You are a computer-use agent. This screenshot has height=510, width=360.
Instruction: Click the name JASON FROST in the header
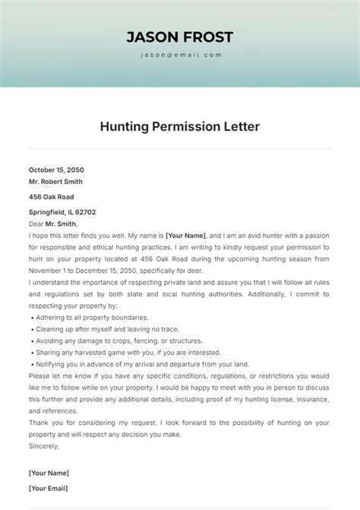click(x=179, y=37)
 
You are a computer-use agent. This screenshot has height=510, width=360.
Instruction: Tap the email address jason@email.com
click(x=180, y=55)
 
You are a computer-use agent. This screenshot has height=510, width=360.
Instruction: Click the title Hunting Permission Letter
click(x=179, y=126)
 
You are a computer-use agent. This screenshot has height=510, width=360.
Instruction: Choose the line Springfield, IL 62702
click(x=62, y=212)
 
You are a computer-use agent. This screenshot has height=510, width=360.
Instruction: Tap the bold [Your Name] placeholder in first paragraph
click(x=185, y=236)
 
